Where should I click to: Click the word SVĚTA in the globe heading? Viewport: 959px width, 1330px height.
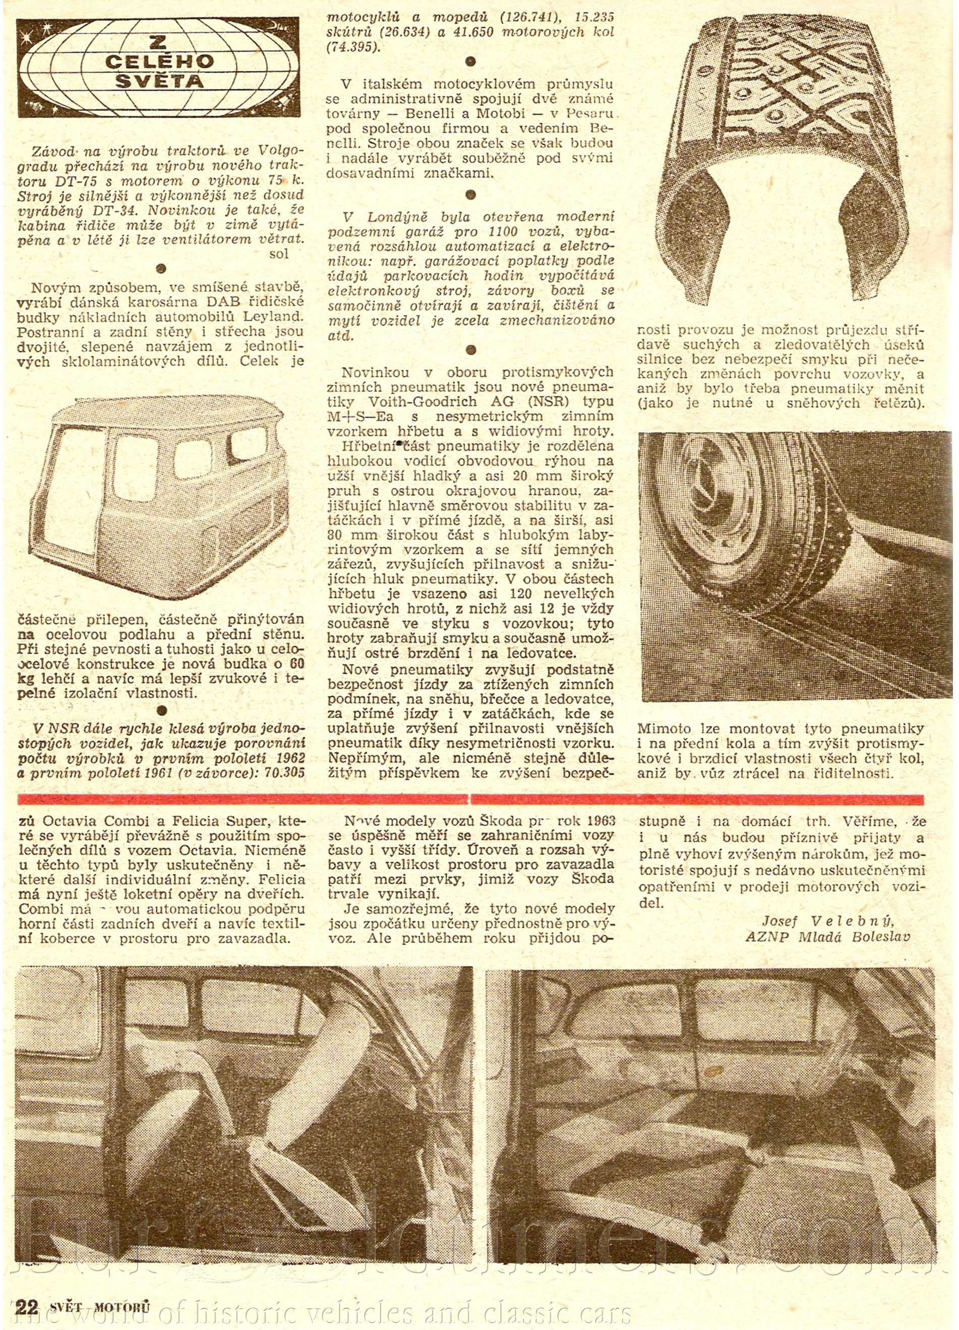(158, 81)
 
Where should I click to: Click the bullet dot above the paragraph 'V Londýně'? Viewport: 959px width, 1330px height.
(470, 195)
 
